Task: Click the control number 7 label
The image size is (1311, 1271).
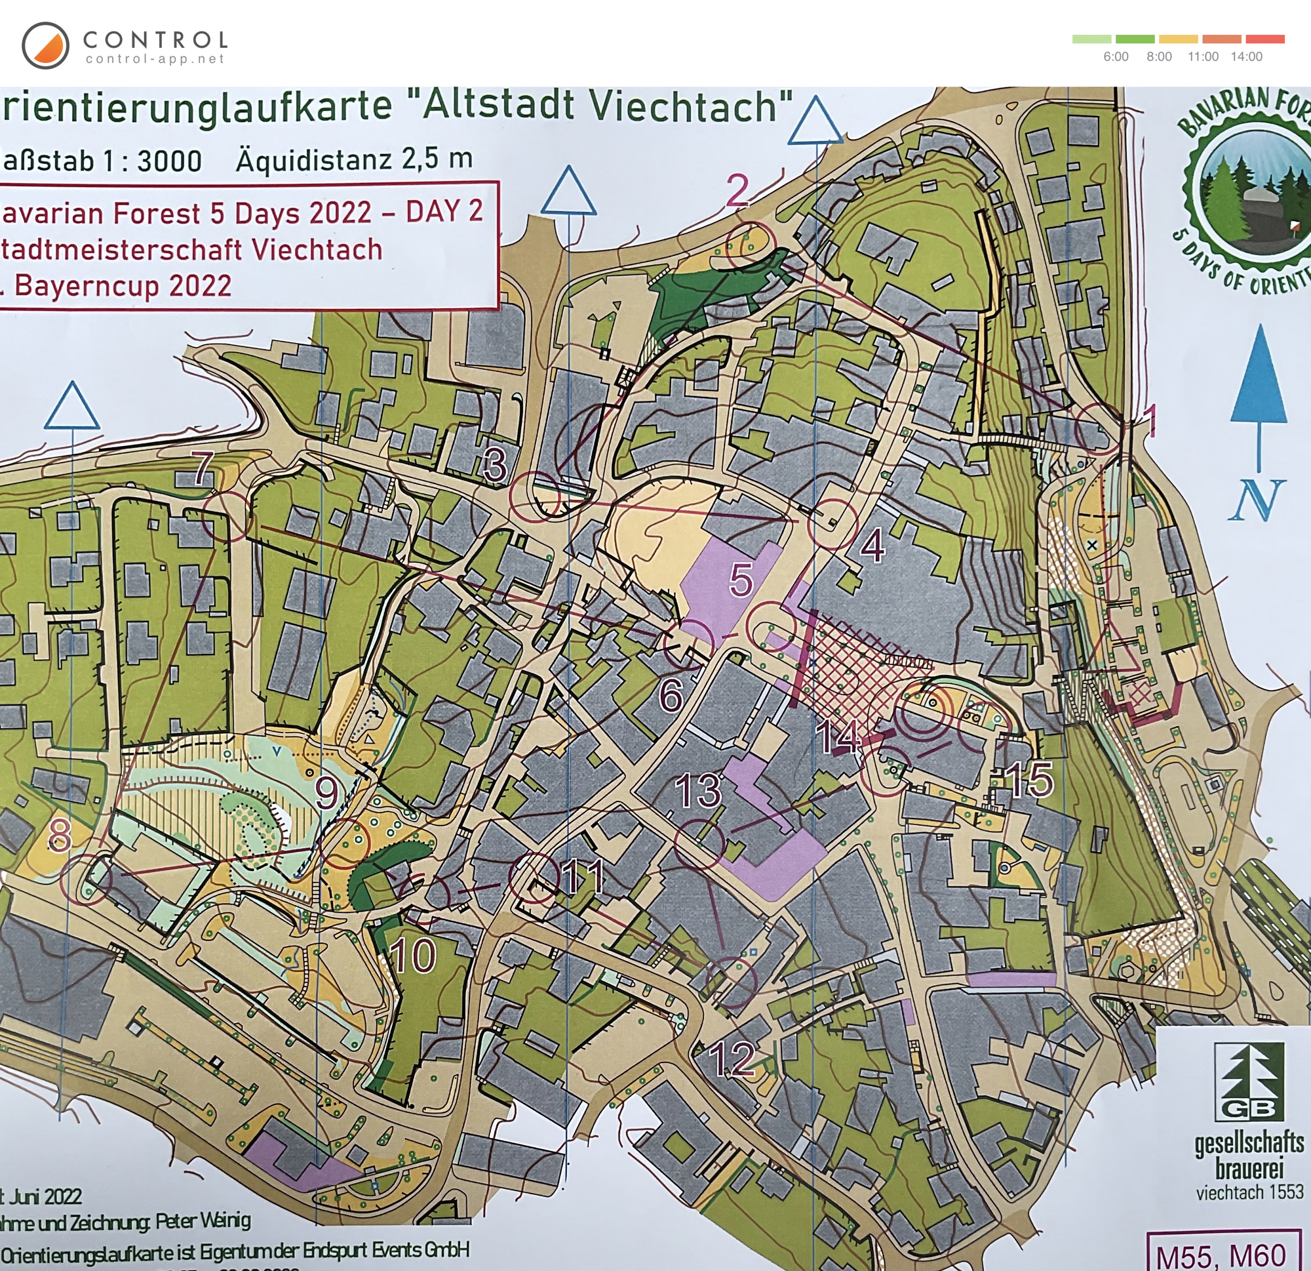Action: (203, 468)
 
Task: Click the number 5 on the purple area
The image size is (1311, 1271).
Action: (741, 580)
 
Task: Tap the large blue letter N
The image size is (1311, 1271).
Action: (1257, 500)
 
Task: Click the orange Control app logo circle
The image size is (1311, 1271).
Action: (45, 45)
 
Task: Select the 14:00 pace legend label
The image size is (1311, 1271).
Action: (1246, 57)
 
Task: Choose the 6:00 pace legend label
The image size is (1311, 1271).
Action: (1116, 57)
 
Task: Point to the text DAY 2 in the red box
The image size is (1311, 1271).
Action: (444, 211)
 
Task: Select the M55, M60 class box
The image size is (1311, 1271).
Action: (1221, 1256)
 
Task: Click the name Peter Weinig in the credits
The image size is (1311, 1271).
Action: (203, 1221)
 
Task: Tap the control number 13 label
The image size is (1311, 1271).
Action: (698, 790)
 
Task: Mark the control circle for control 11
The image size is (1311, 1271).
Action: (534, 878)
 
